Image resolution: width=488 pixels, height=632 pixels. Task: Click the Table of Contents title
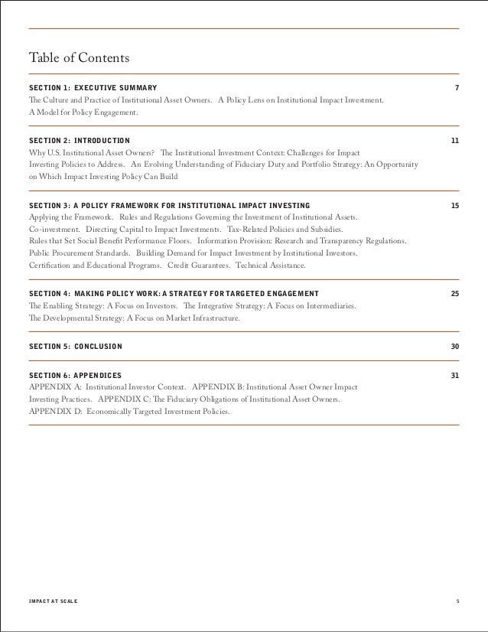coord(79,58)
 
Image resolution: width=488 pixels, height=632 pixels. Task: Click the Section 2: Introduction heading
coord(79,142)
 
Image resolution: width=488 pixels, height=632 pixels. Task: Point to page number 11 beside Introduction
coord(455,142)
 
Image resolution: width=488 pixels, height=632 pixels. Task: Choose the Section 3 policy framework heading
coord(169,206)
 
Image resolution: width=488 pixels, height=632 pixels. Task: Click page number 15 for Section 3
coord(455,206)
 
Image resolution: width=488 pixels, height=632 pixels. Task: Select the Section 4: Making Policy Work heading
coord(174,294)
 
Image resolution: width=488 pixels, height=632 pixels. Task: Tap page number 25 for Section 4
coord(455,294)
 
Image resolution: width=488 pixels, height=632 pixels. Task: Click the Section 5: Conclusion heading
coord(75,347)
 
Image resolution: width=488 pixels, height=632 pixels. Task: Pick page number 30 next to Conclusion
coord(455,347)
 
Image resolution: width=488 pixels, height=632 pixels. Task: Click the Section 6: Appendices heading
coord(75,376)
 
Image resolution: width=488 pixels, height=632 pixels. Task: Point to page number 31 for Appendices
coord(455,376)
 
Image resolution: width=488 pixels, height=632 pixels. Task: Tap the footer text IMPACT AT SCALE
coord(53,601)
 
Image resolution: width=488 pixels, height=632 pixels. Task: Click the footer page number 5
coord(457,601)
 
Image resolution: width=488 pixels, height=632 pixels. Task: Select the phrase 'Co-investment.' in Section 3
coord(54,230)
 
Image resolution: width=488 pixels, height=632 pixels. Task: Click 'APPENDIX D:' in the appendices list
coord(53,411)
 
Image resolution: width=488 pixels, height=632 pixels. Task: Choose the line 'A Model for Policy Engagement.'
coord(83,112)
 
